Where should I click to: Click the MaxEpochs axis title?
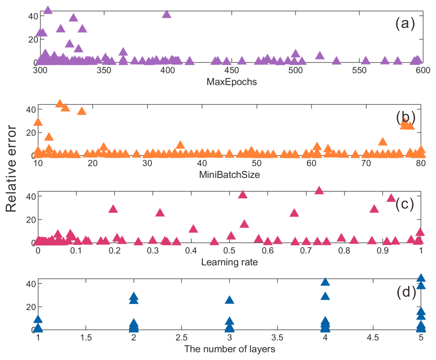point(232,82)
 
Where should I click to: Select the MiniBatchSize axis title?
point(229,175)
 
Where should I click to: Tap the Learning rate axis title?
point(229,262)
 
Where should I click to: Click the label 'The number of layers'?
point(229,349)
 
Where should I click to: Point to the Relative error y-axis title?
point(11,169)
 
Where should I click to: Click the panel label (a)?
point(405,23)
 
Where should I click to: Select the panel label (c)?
point(405,204)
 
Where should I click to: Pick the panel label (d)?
point(406,292)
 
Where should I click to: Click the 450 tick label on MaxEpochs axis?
point(232,70)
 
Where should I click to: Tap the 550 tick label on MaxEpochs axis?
point(359,70)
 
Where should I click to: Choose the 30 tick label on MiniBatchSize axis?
point(147,163)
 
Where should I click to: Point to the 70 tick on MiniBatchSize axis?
point(366,163)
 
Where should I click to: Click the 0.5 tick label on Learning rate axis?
point(229,251)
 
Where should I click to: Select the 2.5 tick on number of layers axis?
point(182,337)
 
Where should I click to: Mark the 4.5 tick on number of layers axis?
point(373,337)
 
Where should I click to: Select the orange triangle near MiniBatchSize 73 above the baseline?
point(383,142)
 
